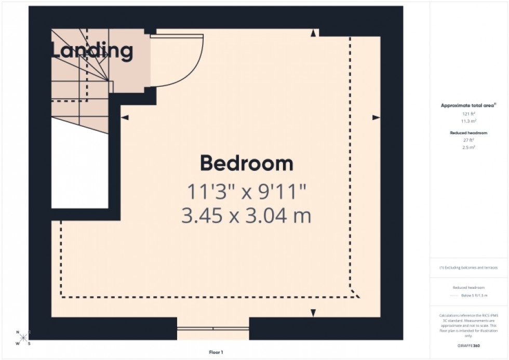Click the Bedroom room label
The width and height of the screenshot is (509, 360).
(247, 164)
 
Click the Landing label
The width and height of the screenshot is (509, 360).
(91, 51)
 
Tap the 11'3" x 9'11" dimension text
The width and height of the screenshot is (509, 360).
(247, 192)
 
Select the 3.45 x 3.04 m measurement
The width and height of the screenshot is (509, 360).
(247, 215)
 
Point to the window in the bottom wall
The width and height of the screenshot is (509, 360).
(213, 328)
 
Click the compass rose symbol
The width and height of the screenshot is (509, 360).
(23, 338)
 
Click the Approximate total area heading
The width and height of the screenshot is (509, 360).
(468, 105)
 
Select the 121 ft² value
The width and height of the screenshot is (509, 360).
(468, 114)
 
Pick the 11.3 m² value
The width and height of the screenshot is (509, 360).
(468, 120)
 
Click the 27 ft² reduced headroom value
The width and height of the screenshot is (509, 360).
(468, 140)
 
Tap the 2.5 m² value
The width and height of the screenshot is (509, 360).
(468, 147)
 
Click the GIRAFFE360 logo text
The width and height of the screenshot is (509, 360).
(468, 344)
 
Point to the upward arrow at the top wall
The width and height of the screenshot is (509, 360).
(313, 34)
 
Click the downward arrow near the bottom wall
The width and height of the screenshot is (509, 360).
(313, 312)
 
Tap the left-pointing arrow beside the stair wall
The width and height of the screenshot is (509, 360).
(125, 118)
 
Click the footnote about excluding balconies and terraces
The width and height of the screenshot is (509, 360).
(468, 268)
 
